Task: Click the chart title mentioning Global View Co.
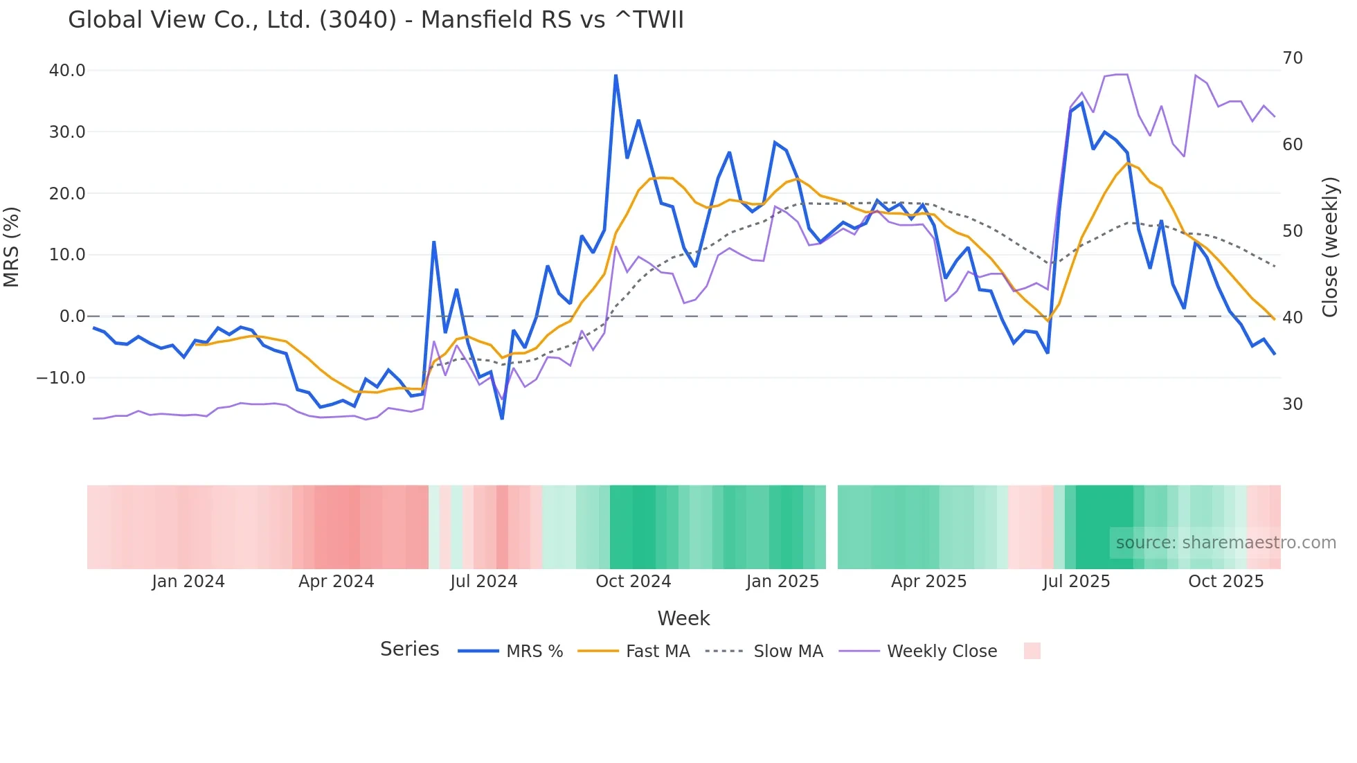(376, 20)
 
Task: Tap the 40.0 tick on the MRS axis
(67, 71)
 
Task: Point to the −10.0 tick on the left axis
(61, 378)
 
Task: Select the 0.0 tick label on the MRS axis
(72, 316)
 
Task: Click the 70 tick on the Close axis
(1293, 58)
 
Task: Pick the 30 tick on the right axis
(1293, 404)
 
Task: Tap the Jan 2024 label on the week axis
(188, 582)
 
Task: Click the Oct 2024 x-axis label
(633, 582)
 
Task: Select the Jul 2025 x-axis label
(1077, 582)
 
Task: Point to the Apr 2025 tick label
(929, 582)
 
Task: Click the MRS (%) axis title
(12, 247)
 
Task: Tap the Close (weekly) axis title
(1330, 247)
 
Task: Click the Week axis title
(683, 618)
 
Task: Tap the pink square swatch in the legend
(1032, 651)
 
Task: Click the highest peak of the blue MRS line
(615, 75)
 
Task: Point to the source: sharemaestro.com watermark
(1225, 543)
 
